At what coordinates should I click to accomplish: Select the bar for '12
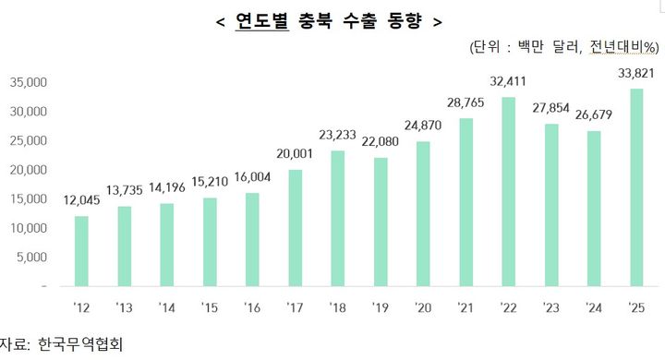[81, 251]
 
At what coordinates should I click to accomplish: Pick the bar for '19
[380, 222]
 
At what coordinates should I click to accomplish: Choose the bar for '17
[295, 228]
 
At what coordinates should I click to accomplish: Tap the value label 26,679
[594, 117]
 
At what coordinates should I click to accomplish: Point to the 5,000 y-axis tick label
[31, 258]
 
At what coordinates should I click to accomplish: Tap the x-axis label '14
[167, 307]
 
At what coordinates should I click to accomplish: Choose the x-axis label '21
[465, 307]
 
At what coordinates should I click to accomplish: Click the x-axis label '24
[594, 307]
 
